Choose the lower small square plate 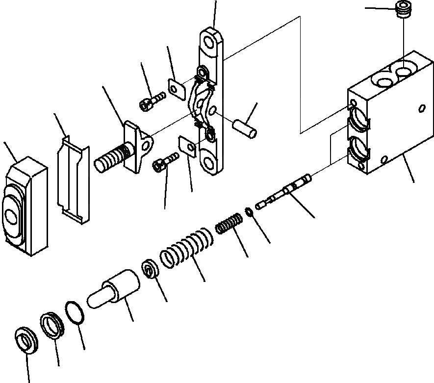(x=188, y=146)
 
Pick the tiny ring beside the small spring (x=249, y=211)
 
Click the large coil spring (x=186, y=248)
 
